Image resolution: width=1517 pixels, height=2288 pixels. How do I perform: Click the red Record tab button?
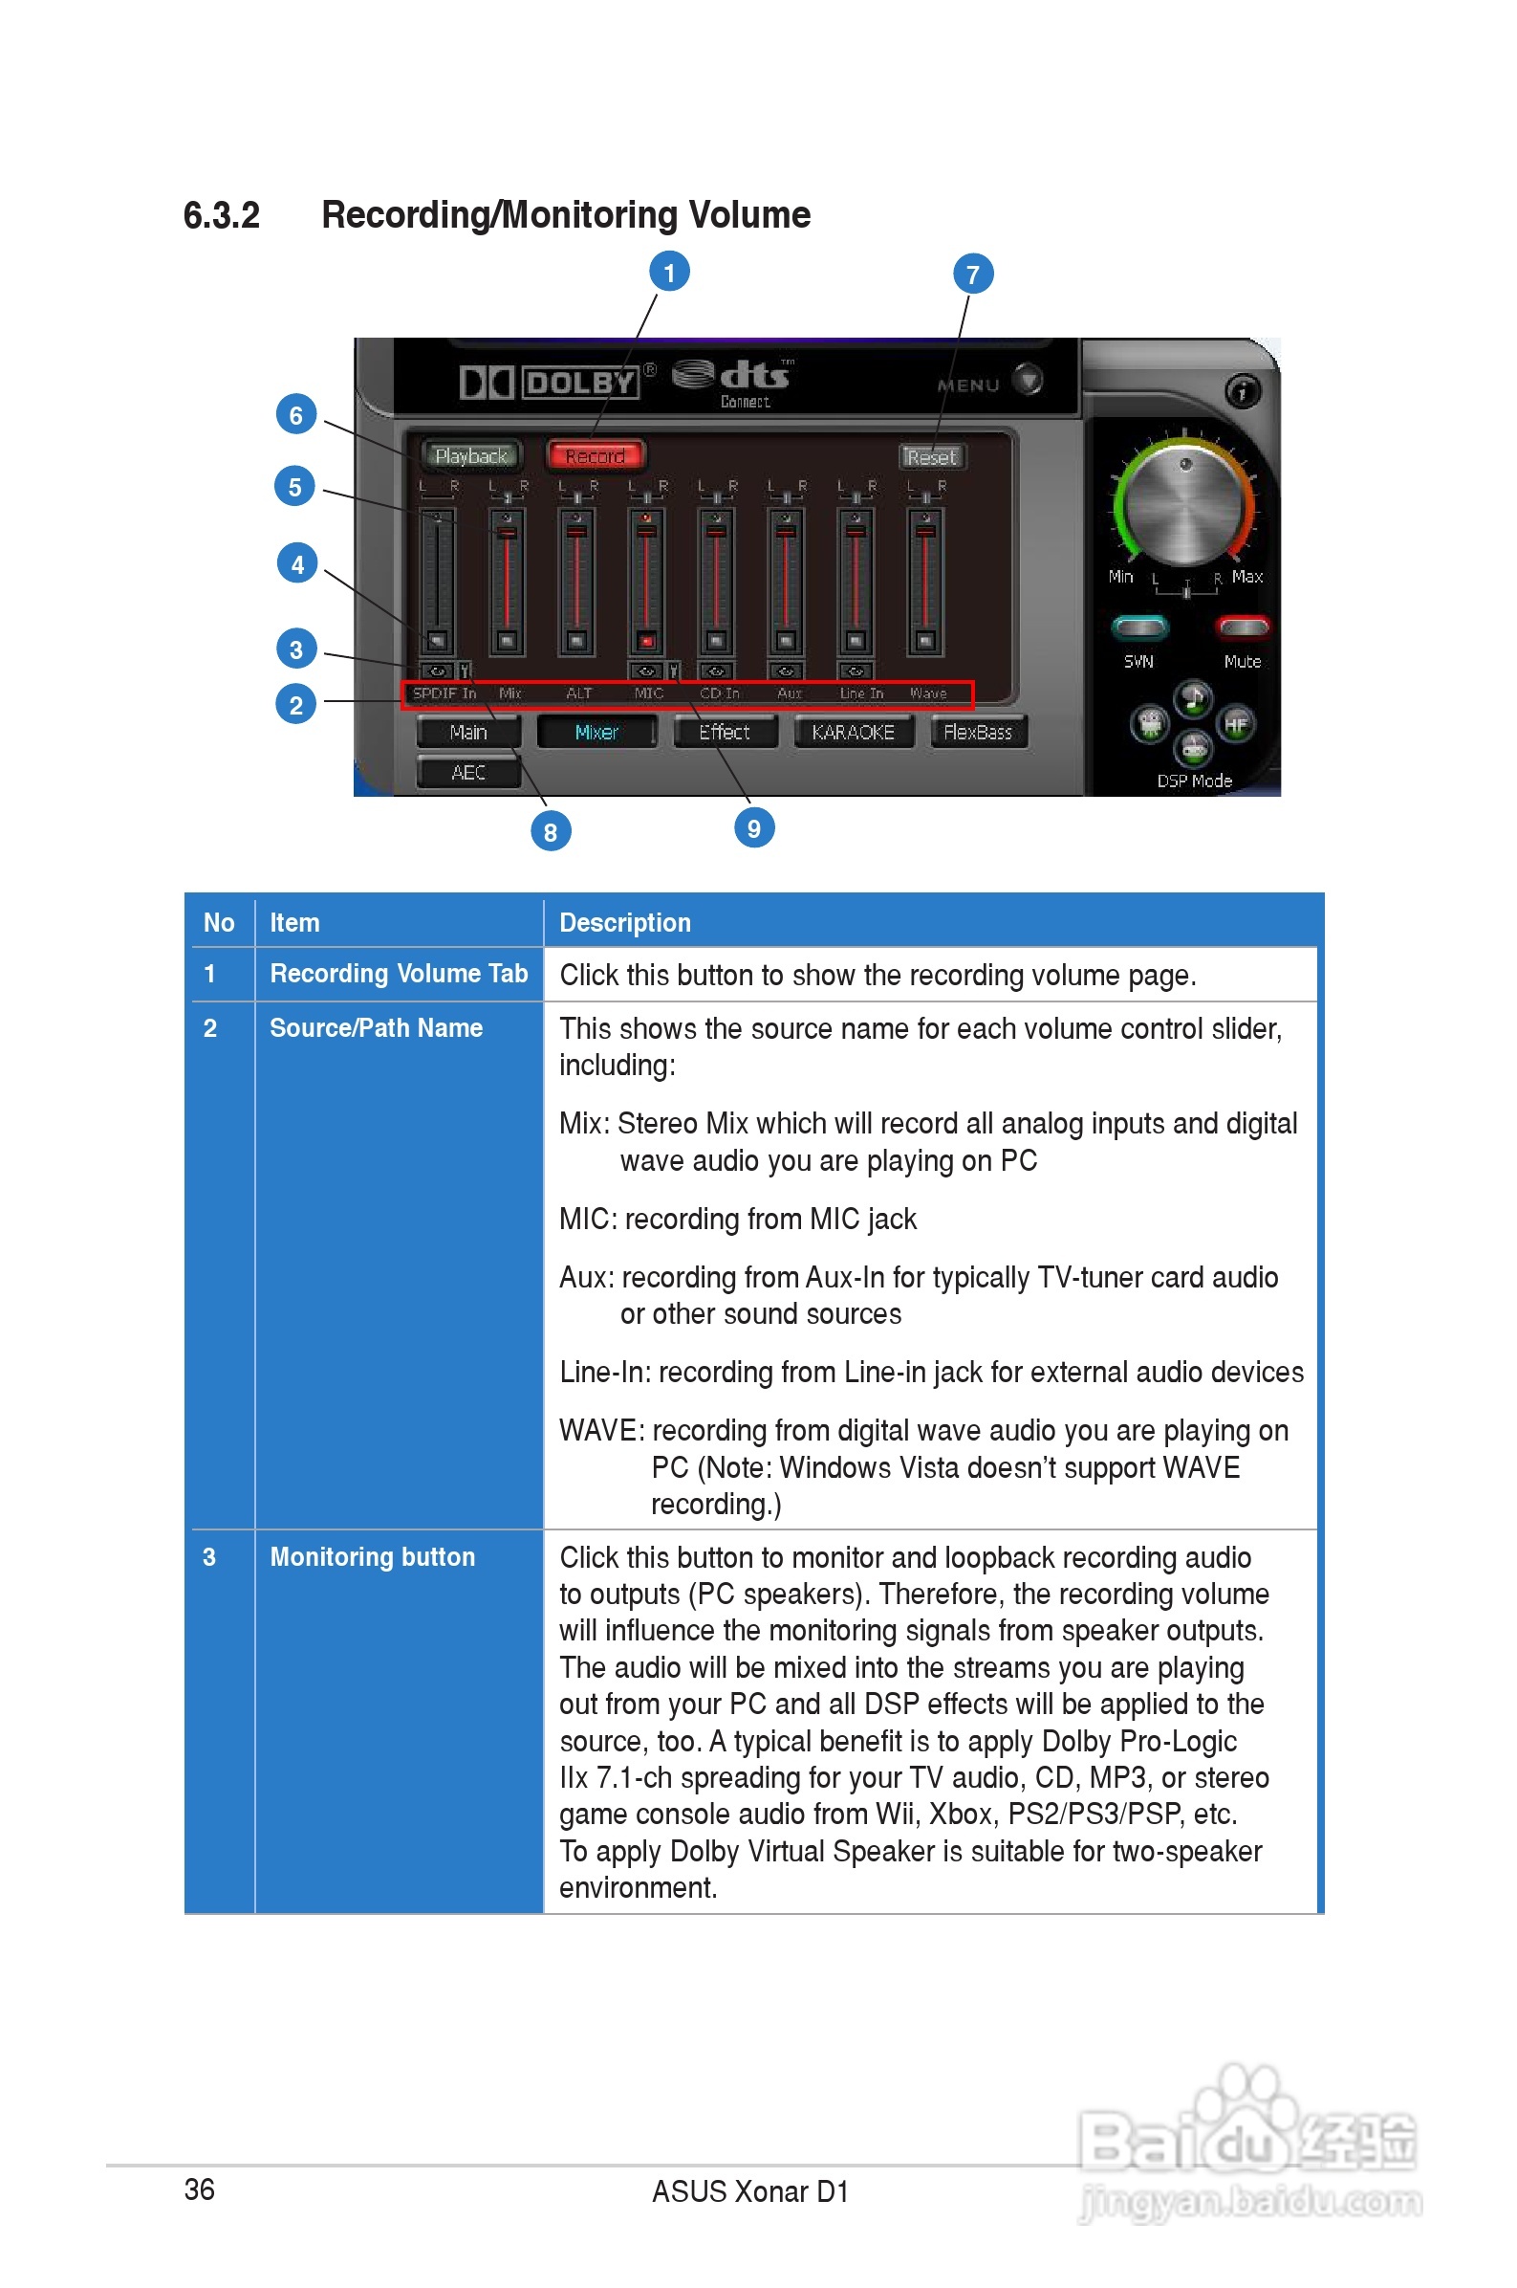(x=595, y=455)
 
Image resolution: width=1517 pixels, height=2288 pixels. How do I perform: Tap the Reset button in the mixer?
(x=931, y=456)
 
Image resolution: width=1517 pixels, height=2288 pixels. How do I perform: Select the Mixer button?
(x=596, y=733)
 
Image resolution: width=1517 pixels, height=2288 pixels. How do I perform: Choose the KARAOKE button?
(x=853, y=733)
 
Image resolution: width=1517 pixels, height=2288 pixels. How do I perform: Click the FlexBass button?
(x=977, y=733)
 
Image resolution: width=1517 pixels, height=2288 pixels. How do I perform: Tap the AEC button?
(x=468, y=772)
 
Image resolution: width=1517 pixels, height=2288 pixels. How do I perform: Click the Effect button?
(x=725, y=733)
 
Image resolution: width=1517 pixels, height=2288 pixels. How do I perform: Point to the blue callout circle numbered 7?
(x=972, y=275)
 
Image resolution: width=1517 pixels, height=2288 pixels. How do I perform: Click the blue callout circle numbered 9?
(x=753, y=828)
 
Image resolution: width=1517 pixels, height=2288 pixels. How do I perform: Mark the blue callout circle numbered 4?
(x=297, y=564)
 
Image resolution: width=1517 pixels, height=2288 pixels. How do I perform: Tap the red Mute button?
(x=1243, y=628)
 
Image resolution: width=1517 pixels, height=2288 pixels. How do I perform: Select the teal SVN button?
(x=1139, y=628)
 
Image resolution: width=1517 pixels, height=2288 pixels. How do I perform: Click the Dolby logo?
(x=550, y=382)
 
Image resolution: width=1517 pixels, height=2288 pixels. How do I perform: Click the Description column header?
(x=625, y=922)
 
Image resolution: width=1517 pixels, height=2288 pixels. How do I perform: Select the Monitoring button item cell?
(x=373, y=1556)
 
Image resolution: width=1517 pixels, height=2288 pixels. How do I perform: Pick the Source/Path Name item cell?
(x=376, y=1028)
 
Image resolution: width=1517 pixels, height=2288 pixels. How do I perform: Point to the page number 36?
(x=199, y=2189)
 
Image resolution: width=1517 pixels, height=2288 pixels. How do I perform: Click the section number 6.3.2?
(x=222, y=215)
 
